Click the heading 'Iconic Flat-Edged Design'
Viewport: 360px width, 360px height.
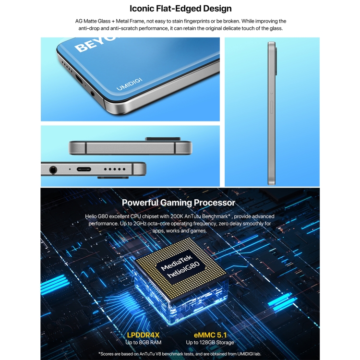click(x=180, y=9)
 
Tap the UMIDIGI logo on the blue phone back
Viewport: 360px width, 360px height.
click(x=130, y=85)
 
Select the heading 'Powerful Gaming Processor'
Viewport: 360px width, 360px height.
click(x=179, y=203)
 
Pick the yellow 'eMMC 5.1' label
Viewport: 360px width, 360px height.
click(x=210, y=334)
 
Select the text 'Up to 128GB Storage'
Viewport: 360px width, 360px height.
click(x=210, y=342)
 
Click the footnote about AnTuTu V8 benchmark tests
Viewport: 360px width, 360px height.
click(x=180, y=353)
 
